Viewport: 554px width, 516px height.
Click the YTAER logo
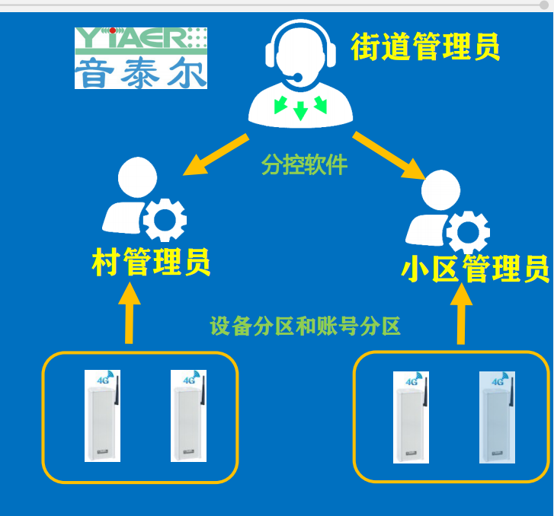[x=141, y=58]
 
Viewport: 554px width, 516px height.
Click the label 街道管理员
[x=425, y=46]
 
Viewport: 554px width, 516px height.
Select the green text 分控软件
[x=304, y=164]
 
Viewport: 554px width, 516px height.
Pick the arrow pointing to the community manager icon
[x=389, y=155]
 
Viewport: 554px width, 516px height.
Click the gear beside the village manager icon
[x=164, y=220]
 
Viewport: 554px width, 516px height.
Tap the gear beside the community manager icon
[x=466, y=232]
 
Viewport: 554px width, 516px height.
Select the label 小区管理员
[x=475, y=269]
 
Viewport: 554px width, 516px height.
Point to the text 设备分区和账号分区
[x=305, y=326]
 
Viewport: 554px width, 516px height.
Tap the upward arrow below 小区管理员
[x=462, y=314]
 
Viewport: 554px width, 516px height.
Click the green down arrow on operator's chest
[x=300, y=110]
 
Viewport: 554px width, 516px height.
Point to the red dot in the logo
[x=113, y=30]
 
